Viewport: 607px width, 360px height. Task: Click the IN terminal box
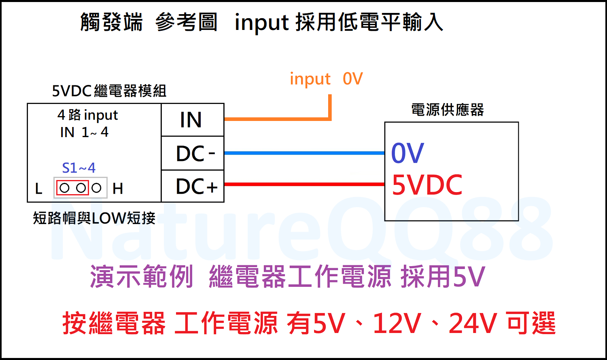(x=193, y=120)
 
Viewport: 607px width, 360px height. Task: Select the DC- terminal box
(x=193, y=153)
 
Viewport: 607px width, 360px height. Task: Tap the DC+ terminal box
(x=193, y=186)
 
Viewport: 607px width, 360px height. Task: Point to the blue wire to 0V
(x=303, y=153)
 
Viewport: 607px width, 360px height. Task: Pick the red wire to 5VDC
(x=303, y=184)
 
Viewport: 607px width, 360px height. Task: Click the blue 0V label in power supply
(x=407, y=153)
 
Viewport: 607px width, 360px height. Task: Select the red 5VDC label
(x=427, y=185)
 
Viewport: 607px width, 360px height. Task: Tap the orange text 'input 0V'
(x=326, y=79)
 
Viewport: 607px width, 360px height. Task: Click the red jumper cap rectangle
(x=72, y=188)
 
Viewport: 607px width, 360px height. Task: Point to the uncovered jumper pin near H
(x=96, y=188)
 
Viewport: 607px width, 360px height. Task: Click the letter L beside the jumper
(x=39, y=188)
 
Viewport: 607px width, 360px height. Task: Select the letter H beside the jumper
(x=118, y=188)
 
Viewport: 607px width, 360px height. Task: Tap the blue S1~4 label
(x=79, y=168)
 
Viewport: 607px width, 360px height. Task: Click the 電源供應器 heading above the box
(x=447, y=110)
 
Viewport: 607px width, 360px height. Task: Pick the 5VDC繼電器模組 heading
(x=109, y=91)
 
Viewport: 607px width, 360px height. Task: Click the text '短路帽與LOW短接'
(x=94, y=218)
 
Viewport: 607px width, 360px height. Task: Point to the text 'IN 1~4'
(x=84, y=132)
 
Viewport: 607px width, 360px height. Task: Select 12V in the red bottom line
(x=397, y=324)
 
